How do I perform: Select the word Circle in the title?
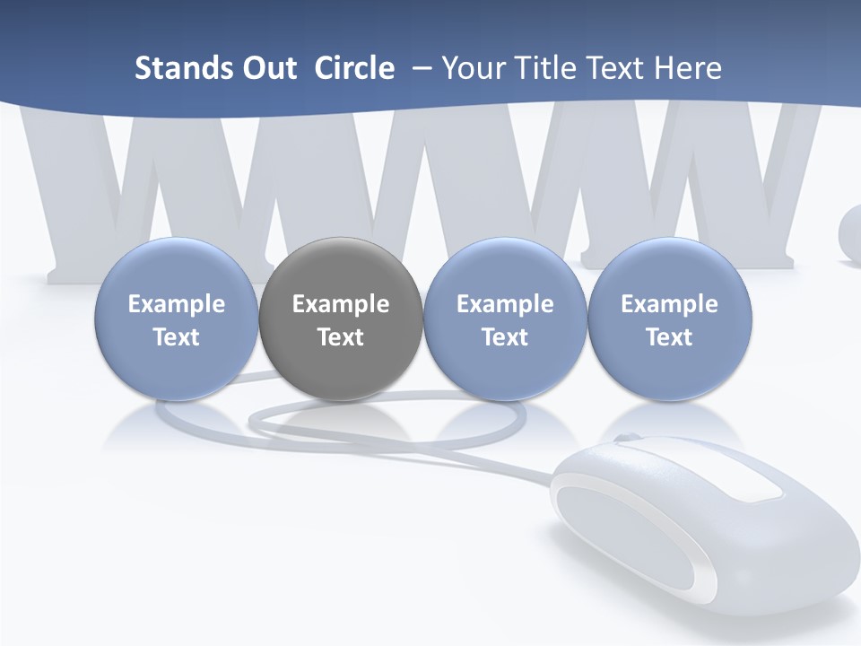click(354, 68)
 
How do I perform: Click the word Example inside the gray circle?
click(341, 304)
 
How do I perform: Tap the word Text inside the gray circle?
click(341, 337)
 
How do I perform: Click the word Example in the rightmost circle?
click(669, 304)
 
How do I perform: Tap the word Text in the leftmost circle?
click(176, 337)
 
